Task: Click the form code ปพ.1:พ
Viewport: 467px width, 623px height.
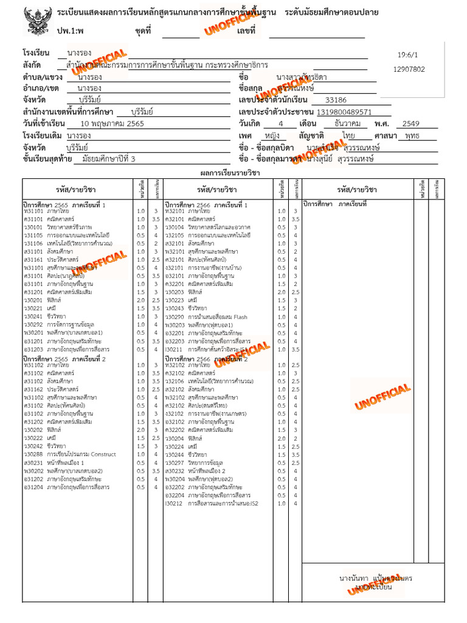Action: tap(71, 30)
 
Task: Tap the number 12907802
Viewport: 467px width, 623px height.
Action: tap(409, 69)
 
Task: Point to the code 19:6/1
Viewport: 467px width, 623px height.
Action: tap(407, 54)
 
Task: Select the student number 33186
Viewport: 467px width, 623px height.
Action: tap(336, 100)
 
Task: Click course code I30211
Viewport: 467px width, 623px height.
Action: tap(174, 350)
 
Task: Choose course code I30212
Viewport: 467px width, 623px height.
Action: tap(174, 504)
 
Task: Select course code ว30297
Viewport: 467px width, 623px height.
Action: tap(174, 462)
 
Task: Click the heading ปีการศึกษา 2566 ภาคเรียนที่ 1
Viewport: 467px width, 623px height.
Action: tap(206, 205)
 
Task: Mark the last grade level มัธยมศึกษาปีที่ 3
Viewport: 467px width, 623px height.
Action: tap(101, 159)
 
